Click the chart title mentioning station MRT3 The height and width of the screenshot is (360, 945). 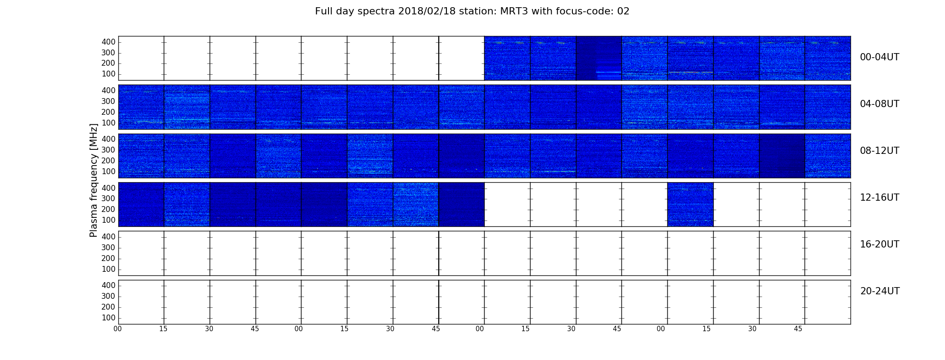472,11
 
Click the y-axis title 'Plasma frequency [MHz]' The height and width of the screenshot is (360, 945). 94,180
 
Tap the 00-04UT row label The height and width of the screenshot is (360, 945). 880,57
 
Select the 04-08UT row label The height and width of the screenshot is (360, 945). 880,104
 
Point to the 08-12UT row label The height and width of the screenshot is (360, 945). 880,151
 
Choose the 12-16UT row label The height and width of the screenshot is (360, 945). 880,198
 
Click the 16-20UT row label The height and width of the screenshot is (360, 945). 880,244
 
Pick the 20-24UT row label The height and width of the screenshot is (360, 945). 880,291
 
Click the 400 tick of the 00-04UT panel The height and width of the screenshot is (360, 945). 108,42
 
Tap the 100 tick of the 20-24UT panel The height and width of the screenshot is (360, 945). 108,318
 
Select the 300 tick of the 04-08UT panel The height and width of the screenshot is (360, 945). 108,101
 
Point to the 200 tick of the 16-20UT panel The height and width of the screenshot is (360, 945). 108,258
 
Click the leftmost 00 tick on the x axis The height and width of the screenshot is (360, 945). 117,329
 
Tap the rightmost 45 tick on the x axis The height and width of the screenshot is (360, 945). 798,329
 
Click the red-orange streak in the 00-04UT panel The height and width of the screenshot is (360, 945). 691,72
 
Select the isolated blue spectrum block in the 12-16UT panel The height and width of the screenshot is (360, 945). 690,204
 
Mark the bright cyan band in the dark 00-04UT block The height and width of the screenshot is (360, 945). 609,72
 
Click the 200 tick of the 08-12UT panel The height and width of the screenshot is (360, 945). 108,161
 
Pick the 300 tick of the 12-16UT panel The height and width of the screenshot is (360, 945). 108,198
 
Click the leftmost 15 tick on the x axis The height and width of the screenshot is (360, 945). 163,329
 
